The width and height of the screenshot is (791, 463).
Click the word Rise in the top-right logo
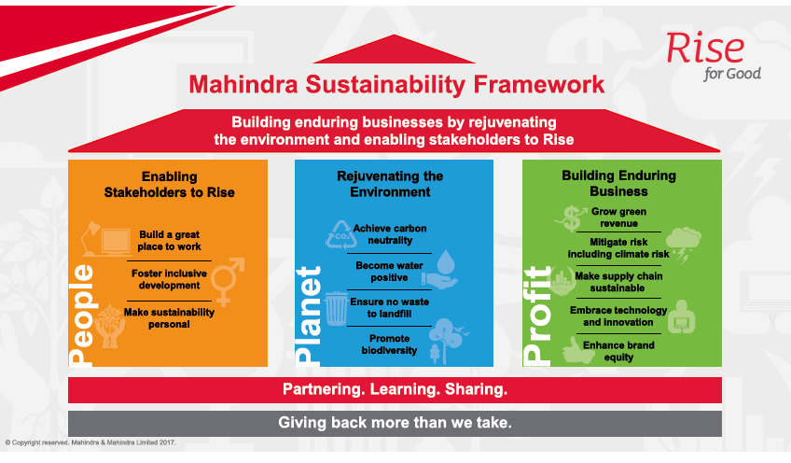(x=705, y=48)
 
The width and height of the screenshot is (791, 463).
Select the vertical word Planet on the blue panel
(x=308, y=316)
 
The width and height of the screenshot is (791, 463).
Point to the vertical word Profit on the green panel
(x=536, y=316)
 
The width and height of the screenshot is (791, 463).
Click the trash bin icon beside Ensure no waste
(x=336, y=308)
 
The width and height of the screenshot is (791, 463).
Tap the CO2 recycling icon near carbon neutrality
(x=341, y=235)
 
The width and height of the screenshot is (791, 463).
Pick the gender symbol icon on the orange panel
(x=227, y=282)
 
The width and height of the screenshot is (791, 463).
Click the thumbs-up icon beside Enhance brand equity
(x=578, y=350)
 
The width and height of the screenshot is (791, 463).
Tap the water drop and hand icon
(x=440, y=270)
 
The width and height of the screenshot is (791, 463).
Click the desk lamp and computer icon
(x=106, y=239)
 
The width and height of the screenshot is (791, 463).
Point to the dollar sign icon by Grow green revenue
(x=571, y=218)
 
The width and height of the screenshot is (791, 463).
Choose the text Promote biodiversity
(x=389, y=344)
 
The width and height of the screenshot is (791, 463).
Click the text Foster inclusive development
(x=169, y=279)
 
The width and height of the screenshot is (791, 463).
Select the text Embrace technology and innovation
(x=618, y=316)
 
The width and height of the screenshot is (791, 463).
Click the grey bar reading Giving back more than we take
(x=395, y=423)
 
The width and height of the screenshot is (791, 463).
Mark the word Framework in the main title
(x=539, y=84)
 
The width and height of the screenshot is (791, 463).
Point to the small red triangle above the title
(x=394, y=49)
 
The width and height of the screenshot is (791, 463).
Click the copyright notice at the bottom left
(x=90, y=442)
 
